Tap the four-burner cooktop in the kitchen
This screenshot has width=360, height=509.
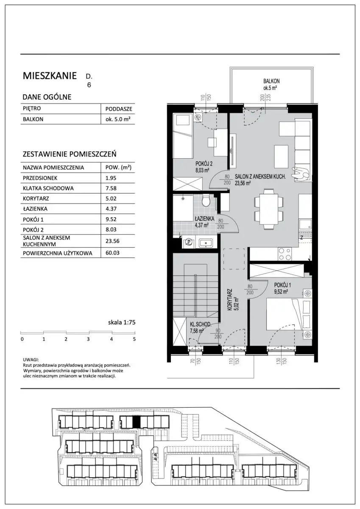click(x=285, y=254)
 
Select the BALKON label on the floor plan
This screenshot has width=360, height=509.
click(x=271, y=81)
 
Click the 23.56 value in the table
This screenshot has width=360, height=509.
click(x=112, y=241)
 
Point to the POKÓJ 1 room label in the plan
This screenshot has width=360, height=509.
click(x=282, y=285)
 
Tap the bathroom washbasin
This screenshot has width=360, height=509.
click(x=206, y=243)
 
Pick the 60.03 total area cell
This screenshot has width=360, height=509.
click(x=112, y=253)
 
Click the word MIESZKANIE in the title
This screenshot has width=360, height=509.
click(x=50, y=76)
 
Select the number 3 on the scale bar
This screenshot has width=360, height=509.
click(x=88, y=339)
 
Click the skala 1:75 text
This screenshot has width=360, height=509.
click(x=122, y=322)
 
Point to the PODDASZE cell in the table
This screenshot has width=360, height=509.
click(x=119, y=109)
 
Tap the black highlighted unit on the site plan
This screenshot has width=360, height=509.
click(x=136, y=422)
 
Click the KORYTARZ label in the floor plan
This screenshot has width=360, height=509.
click(x=230, y=300)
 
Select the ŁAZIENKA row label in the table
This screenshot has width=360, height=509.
click(x=35, y=209)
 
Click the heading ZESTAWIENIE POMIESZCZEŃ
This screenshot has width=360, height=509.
click(x=70, y=154)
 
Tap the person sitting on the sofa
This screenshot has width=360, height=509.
click(x=300, y=173)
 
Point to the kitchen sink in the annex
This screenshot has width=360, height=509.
click(x=304, y=225)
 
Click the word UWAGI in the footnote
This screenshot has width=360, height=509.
click(x=31, y=360)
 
